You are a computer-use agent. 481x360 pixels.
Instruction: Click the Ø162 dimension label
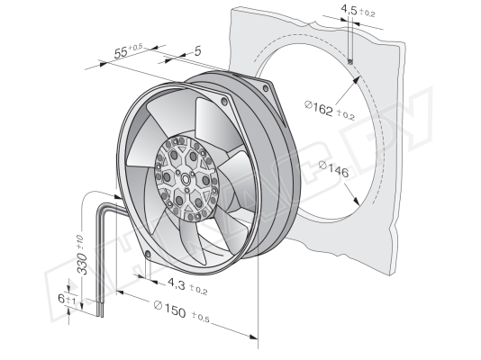[x=319, y=108]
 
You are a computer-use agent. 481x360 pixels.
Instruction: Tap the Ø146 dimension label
[x=334, y=169]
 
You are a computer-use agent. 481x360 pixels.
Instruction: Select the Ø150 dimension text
[x=169, y=309]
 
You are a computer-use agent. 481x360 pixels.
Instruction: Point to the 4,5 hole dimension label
[x=349, y=11]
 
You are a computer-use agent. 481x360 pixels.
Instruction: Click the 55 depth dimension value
[x=121, y=53]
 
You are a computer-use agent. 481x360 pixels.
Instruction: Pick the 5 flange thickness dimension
[x=198, y=51]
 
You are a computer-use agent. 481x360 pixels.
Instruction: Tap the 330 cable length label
[x=82, y=263]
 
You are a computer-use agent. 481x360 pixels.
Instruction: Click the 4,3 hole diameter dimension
[x=176, y=284]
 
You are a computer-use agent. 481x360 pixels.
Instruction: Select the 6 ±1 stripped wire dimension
[x=67, y=299]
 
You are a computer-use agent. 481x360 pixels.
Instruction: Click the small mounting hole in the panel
[x=350, y=62]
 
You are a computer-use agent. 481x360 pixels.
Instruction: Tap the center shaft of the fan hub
[x=186, y=179]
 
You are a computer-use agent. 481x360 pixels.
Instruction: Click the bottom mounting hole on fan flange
[x=148, y=254]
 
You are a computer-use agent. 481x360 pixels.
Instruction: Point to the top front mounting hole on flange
[x=225, y=101]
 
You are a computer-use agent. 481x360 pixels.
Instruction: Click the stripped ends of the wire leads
[x=100, y=311]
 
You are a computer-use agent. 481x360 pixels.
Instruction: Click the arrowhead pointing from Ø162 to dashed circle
[x=356, y=80]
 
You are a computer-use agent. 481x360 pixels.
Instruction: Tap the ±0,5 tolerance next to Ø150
[x=200, y=317]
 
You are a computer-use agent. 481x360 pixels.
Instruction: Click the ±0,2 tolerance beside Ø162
[x=346, y=115]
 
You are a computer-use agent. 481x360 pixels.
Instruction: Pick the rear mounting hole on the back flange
[x=266, y=88]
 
